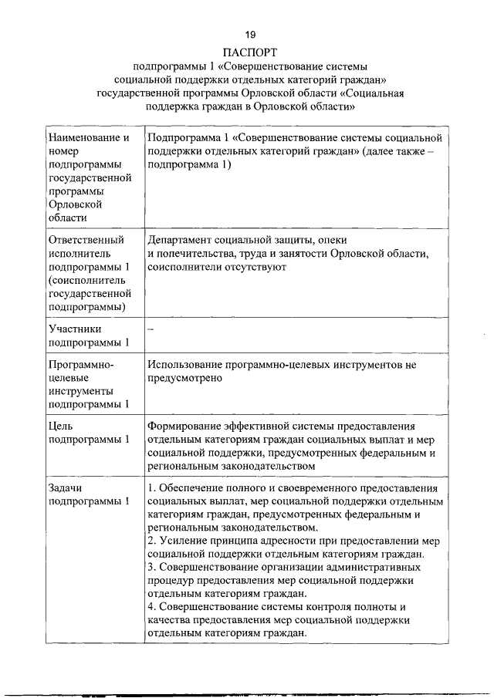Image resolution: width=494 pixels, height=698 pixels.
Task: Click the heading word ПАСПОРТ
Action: click(249, 52)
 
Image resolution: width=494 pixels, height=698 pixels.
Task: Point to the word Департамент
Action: click(178, 240)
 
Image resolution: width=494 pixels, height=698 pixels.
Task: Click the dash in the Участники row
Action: click(151, 329)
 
